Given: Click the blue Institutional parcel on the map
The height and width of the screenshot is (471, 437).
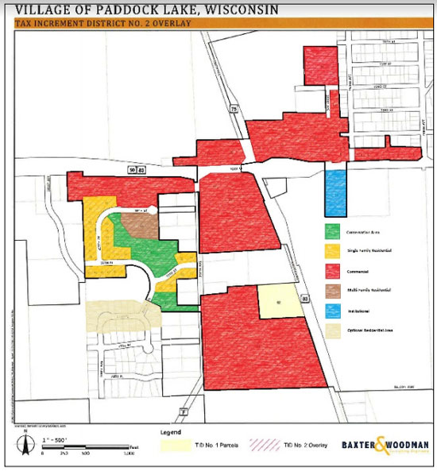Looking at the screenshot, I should (x=335, y=192).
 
